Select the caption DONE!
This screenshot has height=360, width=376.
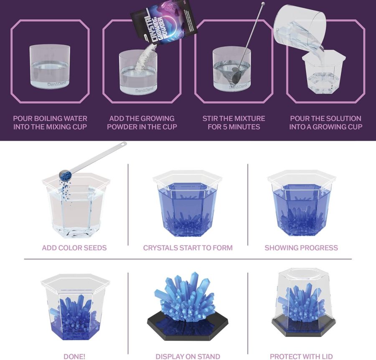pos(74,356)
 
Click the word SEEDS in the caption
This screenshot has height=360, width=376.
pos(94,248)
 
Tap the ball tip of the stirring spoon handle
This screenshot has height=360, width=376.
pos(263,5)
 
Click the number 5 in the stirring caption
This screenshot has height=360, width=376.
pos(228,127)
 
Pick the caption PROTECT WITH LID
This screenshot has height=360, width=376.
pos(301,356)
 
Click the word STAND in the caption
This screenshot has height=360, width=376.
pos(208,356)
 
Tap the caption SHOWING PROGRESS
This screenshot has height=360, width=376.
pos(301,248)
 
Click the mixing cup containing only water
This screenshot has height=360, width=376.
pos(51,67)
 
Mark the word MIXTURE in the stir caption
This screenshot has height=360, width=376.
pos(247,119)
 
